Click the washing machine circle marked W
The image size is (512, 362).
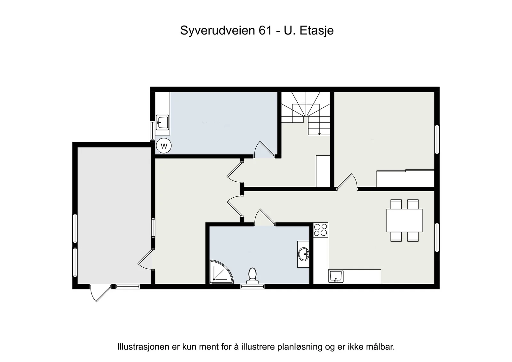pos(164,146)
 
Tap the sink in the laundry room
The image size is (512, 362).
pos(162,122)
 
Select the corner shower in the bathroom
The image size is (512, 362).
pos(221,271)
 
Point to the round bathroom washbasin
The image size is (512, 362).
pos(304,254)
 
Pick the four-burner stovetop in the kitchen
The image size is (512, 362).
pos(320,230)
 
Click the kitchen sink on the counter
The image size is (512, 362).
pos(336,276)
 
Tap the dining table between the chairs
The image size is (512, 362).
pos(404,220)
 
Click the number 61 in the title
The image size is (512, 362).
pos(265,30)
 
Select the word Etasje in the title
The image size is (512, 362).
pos(316,31)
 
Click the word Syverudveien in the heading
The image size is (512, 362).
pos(218,31)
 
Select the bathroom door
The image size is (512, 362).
pos(265,217)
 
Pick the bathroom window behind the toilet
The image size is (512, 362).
pos(252,287)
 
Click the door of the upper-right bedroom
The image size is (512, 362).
pos(347,182)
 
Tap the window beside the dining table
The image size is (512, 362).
pos(437,237)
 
